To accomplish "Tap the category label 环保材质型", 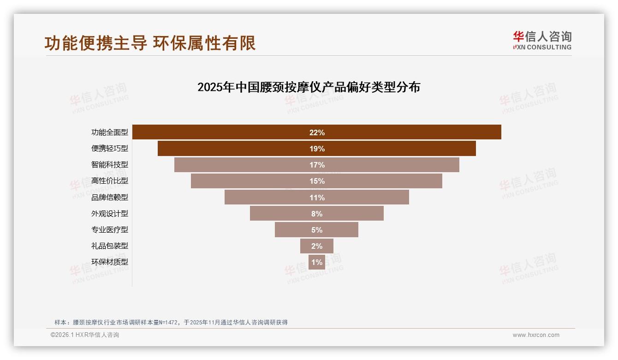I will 109,262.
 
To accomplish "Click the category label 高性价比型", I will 109,181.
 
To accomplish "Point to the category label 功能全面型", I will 109,132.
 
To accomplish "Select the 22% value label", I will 317,132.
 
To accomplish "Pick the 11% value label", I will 317,198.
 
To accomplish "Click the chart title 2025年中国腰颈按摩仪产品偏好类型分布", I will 309,87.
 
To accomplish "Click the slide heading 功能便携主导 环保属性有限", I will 150,43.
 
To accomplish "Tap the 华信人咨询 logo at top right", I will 542,40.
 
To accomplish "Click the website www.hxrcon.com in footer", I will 536,335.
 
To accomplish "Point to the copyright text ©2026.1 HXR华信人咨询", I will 85,335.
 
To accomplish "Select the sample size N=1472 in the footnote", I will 168,322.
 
